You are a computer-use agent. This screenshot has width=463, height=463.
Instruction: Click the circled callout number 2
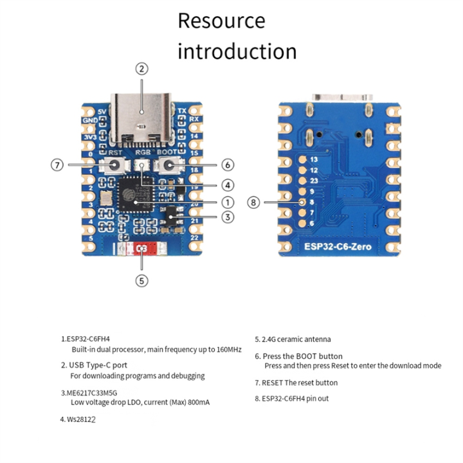click(x=142, y=69)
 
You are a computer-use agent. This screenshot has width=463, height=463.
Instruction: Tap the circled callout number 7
click(x=57, y=165)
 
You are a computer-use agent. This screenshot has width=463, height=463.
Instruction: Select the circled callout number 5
click(x=142, y=280)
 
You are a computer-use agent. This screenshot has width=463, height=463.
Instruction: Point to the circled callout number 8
click(x=254, y=203)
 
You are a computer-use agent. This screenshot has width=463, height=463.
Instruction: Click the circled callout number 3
click(x=227, y=217)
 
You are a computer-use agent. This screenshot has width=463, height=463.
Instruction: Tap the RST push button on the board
click(x=114, y=166)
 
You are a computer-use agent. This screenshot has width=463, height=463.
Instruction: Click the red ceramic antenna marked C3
click(x=142, y=248)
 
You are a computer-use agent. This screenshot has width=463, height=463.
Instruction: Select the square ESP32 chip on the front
click(x=136, y=195)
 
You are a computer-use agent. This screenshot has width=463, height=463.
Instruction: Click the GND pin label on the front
click(x=89, y=120)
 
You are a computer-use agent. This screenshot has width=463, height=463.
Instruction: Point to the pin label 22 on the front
click(x=194, y=238)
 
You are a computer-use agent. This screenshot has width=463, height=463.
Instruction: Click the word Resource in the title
click(x=221, y=21)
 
